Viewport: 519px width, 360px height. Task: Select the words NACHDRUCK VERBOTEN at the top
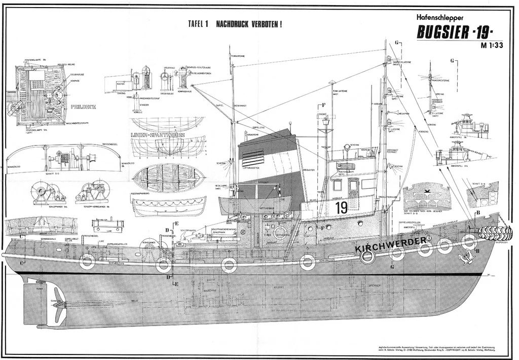(x=249, y=24)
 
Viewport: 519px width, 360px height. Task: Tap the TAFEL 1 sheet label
(x=198, y=24)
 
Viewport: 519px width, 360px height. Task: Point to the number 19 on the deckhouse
(x=341, y=207)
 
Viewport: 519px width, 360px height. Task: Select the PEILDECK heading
(x=83, y=107)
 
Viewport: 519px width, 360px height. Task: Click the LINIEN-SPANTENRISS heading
(x=158, y=135)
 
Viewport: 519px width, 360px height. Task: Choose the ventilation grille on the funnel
(x=253, y=158)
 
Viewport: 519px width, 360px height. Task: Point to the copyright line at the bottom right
(x=436, y=348)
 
